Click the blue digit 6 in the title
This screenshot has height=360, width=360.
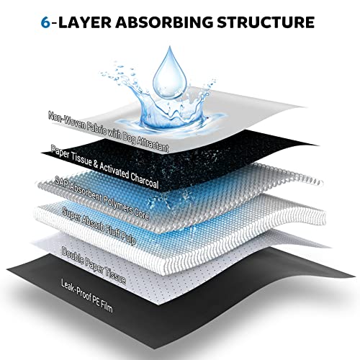click(x=45, y=22)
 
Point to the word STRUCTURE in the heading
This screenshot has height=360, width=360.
click(x=266, y=22)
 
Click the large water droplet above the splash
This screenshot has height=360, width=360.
click(x=170, y=73)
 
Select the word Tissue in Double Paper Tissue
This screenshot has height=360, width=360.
click(x=114, y=276)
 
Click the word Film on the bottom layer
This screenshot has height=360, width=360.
click(x=107, y=306)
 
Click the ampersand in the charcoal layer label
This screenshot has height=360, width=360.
click(x=96, y=164)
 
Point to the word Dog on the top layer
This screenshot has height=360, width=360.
click(x=129, y=137)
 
